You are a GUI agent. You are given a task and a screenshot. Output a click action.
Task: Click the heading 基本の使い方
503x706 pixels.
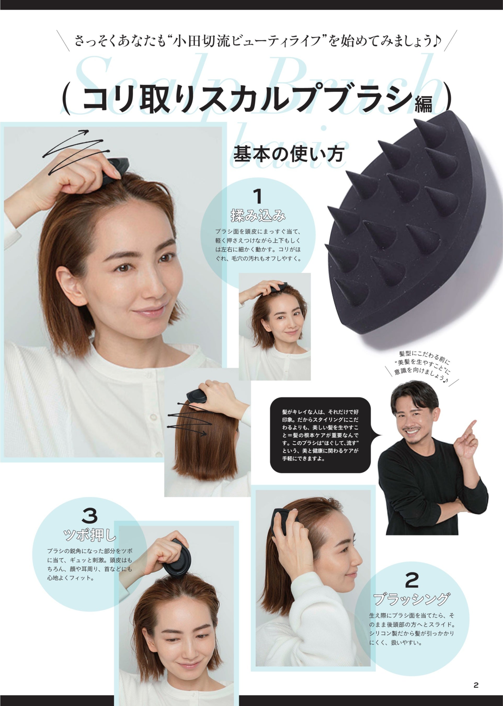point(289,154)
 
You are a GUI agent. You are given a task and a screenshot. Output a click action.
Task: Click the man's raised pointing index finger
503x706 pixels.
point(471,426)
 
